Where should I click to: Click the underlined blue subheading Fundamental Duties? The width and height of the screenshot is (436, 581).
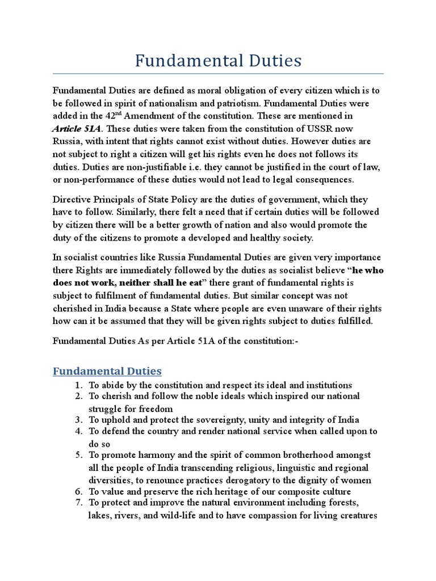(107, 371)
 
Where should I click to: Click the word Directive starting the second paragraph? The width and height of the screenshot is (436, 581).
(72, 200)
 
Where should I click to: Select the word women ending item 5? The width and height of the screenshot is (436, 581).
(358, 480)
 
